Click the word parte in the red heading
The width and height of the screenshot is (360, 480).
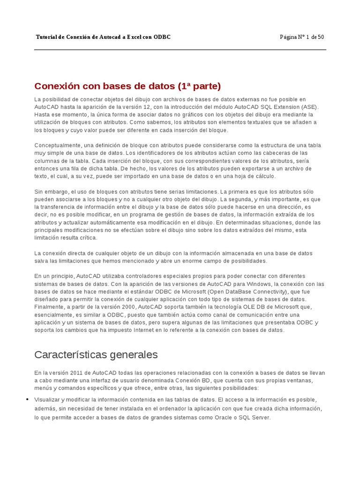(205, 86)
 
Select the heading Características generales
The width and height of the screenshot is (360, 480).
(96, 354)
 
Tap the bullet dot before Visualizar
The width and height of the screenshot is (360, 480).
(27, 399)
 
